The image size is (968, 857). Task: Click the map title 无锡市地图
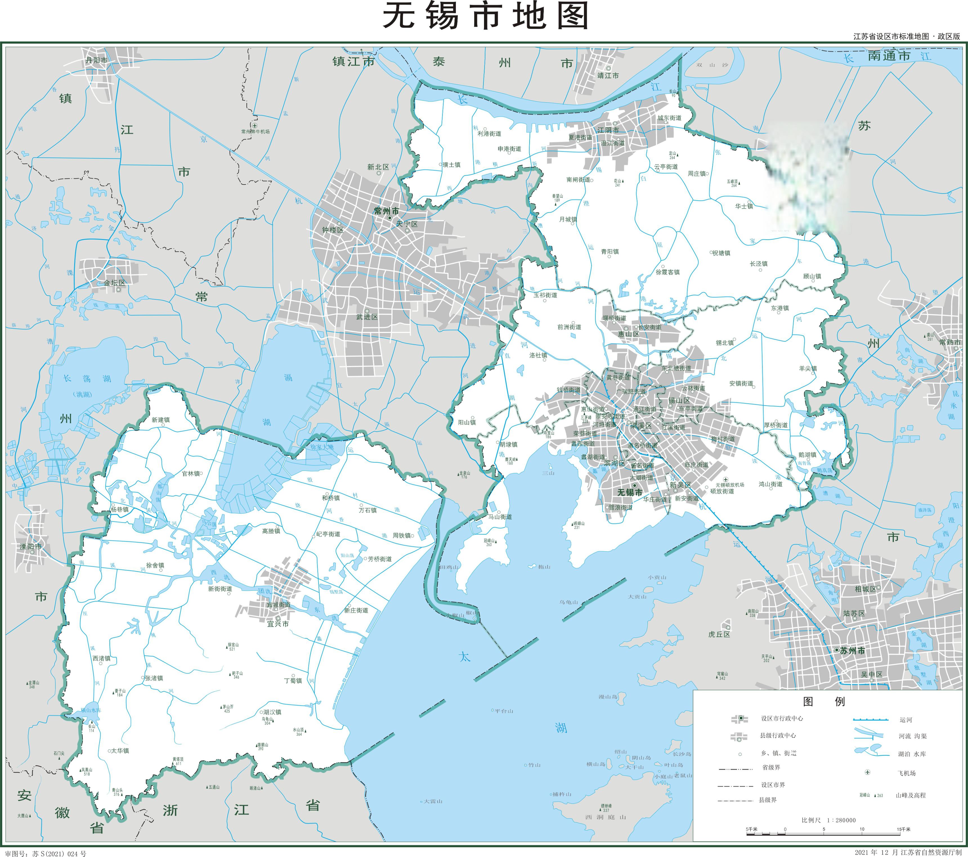485,17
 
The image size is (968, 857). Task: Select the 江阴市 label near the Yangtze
608,130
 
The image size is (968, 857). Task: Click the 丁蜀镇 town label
293,680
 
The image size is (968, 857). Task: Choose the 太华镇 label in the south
119,750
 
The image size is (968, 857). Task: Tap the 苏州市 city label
852,651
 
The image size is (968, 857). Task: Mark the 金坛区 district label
115,283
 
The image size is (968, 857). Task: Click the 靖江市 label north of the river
608,75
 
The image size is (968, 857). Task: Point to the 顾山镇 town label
812,276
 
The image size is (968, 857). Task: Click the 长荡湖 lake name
87,379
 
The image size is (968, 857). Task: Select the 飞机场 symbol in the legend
868,772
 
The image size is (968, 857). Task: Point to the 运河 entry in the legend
906,720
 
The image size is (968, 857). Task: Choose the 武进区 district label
367,317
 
